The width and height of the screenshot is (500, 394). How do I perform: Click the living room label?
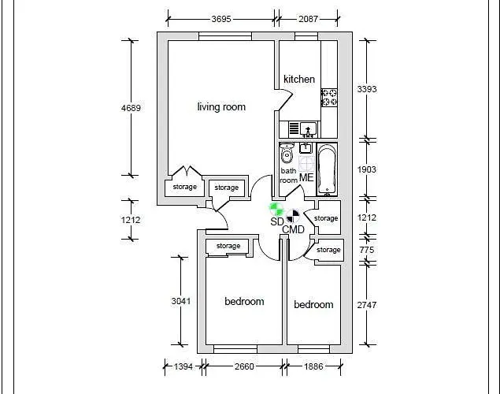point(221,107)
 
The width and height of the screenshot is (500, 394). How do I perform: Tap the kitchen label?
point(299,79)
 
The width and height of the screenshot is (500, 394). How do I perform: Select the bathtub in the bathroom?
point(327,169)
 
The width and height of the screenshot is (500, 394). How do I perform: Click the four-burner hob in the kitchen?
point(328,98)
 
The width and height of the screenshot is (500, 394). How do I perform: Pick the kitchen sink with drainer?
point(303,128)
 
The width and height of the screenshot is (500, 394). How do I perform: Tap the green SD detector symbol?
point(276,209)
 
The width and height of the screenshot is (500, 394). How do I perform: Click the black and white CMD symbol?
point(294,214)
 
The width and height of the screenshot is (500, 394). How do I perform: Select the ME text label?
point(306,177)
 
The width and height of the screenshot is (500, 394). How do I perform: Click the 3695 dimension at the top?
point(221,18)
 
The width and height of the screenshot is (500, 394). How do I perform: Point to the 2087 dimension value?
point(307,18)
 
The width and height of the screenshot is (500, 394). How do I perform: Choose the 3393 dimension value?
point(367,89)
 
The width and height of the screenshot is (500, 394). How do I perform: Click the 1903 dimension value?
point(367,169)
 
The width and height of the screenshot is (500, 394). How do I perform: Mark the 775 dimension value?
point(367,250)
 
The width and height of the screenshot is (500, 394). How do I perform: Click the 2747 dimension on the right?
point(367,304)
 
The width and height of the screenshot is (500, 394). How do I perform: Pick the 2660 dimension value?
point(243,366)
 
